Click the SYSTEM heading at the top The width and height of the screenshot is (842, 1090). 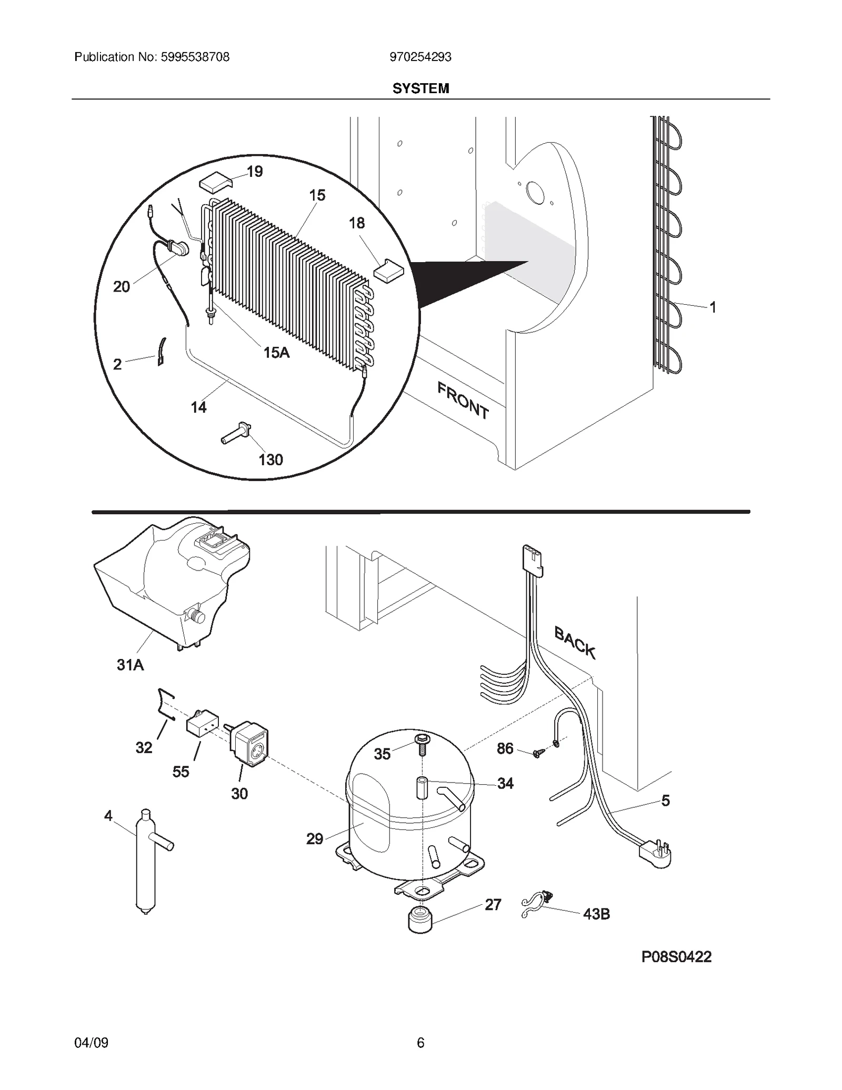point(420,88)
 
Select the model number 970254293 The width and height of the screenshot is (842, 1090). point(420,57)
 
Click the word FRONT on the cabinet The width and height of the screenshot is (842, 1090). point(463,400)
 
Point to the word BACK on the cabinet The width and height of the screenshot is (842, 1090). point(575,643)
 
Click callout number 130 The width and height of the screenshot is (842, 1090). point(270,460)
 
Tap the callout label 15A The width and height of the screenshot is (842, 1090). point(276,352)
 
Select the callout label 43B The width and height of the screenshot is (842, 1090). point(596,914)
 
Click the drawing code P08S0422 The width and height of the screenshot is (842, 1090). point(676,957)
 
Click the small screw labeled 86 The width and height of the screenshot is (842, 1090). point(537,753)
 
